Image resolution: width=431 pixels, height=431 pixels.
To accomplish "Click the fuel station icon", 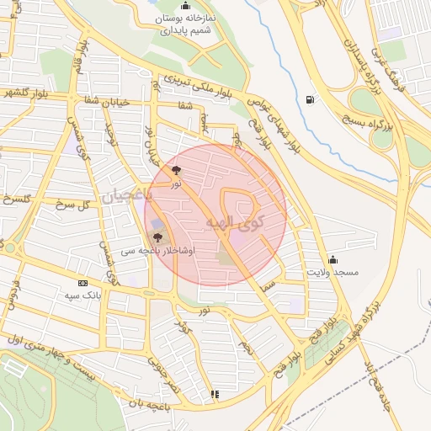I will [312, 99].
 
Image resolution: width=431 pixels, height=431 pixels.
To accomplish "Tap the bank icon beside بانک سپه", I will [82, 284].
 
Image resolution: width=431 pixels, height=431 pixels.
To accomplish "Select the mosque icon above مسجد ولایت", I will [333, 259].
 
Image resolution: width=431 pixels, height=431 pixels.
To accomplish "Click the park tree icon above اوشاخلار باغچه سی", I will [157, 237].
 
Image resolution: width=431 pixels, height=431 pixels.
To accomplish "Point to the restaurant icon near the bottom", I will [215, 393].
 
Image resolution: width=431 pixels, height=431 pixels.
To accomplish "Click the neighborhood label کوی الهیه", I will [233, 223].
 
